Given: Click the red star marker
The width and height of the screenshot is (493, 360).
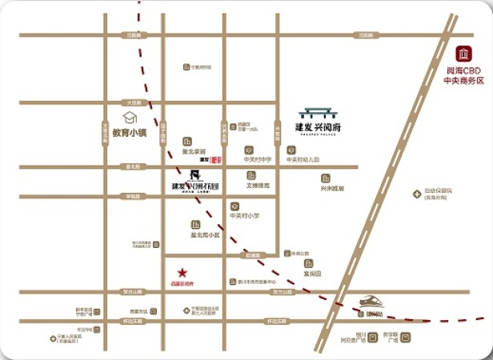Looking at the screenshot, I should click(182, 272).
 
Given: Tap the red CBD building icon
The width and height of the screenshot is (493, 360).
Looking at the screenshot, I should click(463, 54).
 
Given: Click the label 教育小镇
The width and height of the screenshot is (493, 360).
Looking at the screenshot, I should click(129, 133).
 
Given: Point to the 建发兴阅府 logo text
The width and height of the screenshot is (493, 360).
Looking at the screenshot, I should click(319, 126).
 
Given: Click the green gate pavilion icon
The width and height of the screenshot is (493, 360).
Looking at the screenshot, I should click(319, 113).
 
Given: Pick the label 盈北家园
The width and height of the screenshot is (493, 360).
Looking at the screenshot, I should click(194, 151).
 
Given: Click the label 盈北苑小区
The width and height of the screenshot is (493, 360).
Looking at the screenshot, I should click(205, 235).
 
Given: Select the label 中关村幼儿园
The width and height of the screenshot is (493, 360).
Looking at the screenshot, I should click(303, 159).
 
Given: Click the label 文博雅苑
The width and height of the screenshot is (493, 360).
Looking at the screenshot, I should click(258, 186).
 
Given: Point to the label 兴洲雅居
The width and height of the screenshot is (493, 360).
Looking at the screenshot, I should click(331, 189).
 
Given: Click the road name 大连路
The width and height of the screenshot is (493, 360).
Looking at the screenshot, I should click(133, 102).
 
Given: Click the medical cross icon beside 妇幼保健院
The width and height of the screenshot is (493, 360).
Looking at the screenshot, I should click(417, 193).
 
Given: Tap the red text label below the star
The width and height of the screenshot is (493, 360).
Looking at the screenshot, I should click(182, 283).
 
